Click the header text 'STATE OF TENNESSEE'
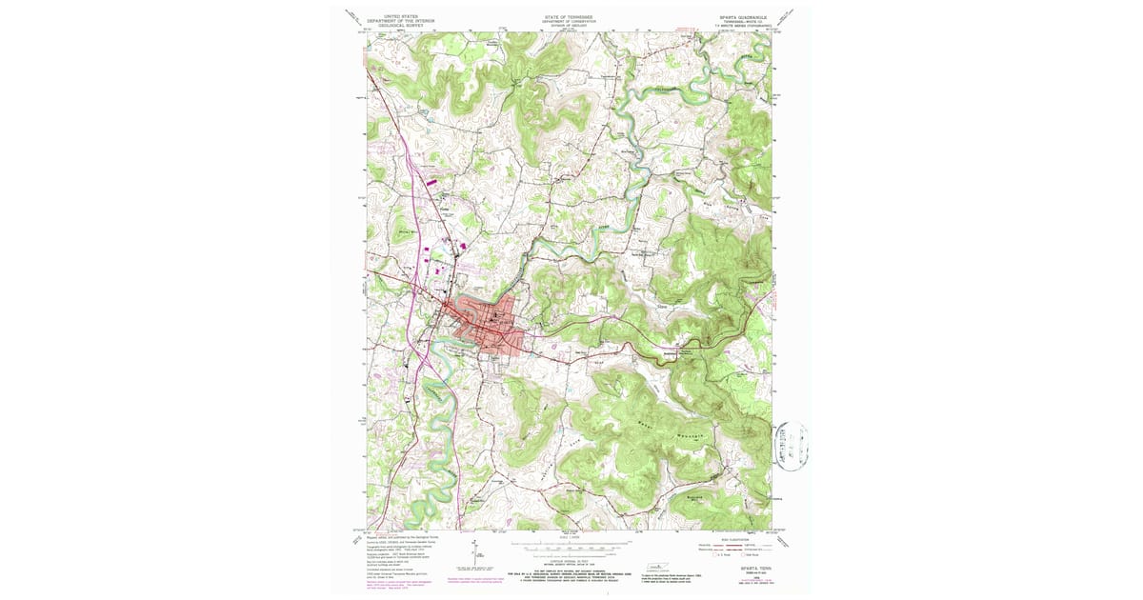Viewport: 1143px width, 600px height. pyautogui.click(x=569, y=16)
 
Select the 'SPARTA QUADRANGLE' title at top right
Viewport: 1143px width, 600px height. pyautogui.click(x=741, y=17)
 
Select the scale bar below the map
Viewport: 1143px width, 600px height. pyautogui.click(x=570, y=548)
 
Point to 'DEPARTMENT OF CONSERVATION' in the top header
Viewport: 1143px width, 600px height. pyautogui.click(x=569, y=21)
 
